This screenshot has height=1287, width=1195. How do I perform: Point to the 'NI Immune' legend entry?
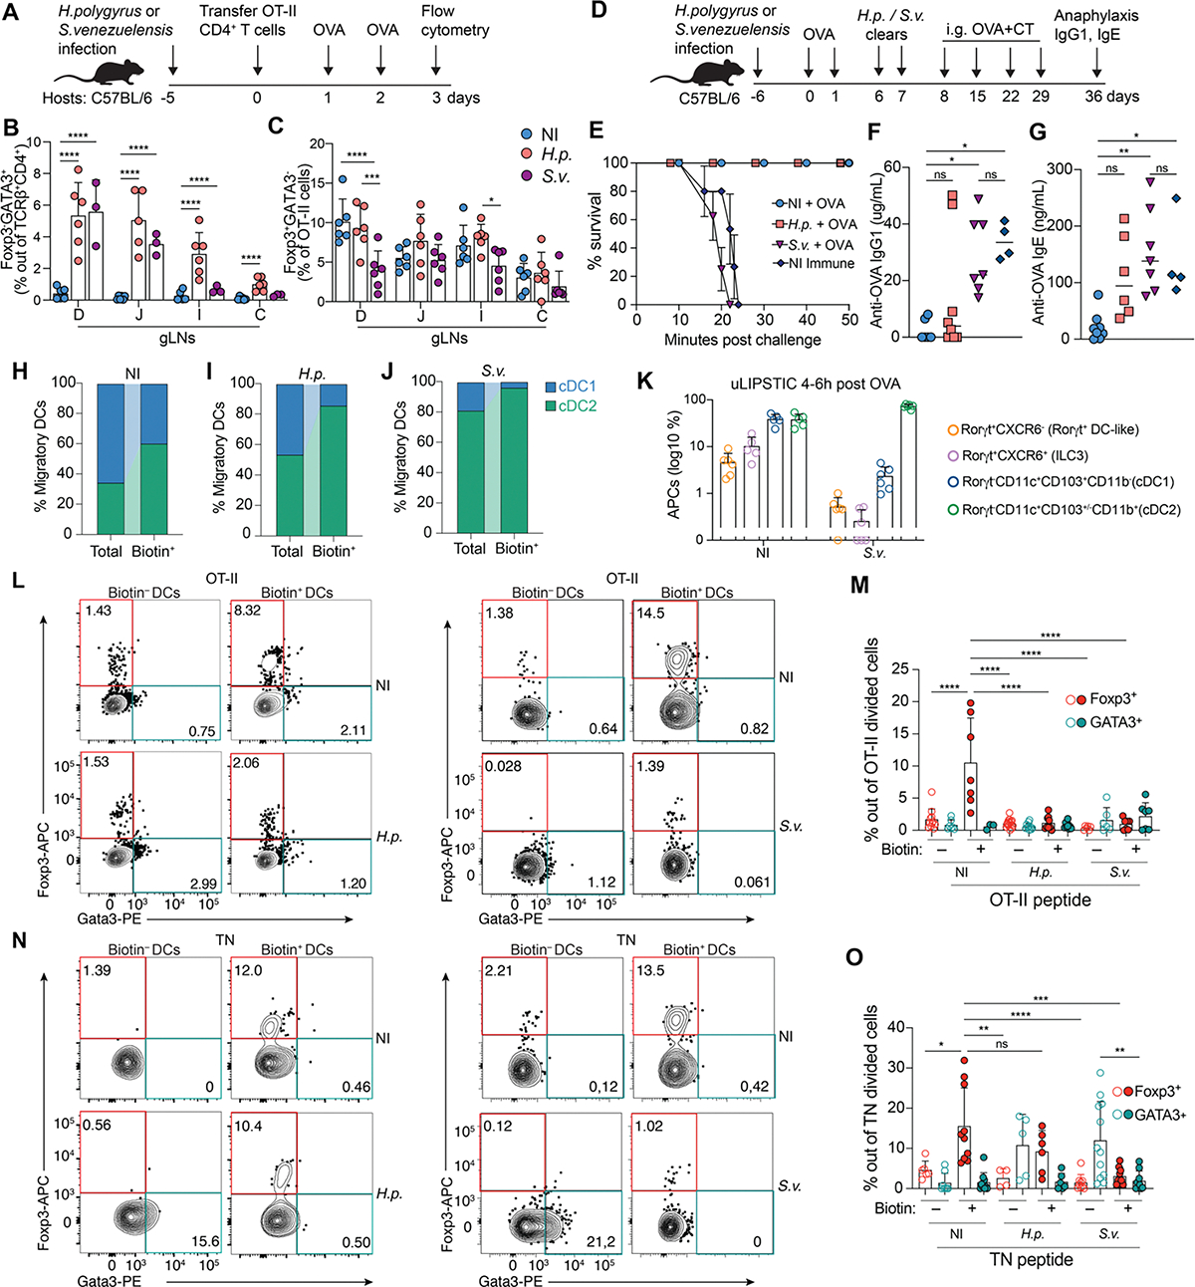(813, 264)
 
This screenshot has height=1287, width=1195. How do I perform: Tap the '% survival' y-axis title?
(595, 235)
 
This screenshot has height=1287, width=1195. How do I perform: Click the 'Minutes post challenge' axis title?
(743, 340)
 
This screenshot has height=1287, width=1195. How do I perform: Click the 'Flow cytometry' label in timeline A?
(454, 21)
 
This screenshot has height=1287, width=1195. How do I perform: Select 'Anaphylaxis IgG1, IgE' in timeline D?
(1096, 26)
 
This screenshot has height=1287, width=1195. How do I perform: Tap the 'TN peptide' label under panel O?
(1032, 1260)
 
